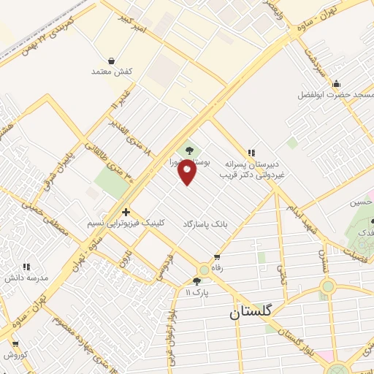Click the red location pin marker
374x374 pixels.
pos(188,172)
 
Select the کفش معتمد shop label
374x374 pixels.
pos(111,72)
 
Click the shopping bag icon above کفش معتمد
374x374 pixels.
pos(111,61)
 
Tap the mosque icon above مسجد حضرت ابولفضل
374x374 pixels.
pos(335,83)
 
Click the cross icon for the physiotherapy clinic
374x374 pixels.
pos(126,211)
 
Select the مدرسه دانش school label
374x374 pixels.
pos(26,278)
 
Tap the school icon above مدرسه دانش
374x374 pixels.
pos(26,267)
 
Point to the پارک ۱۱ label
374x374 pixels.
pos(196,292)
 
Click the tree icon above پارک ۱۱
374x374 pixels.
pos(196,281)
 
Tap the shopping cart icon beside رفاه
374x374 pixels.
pos(217,256)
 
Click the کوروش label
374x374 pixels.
pos(15,355)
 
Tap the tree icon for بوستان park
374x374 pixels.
pos(190,151)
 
